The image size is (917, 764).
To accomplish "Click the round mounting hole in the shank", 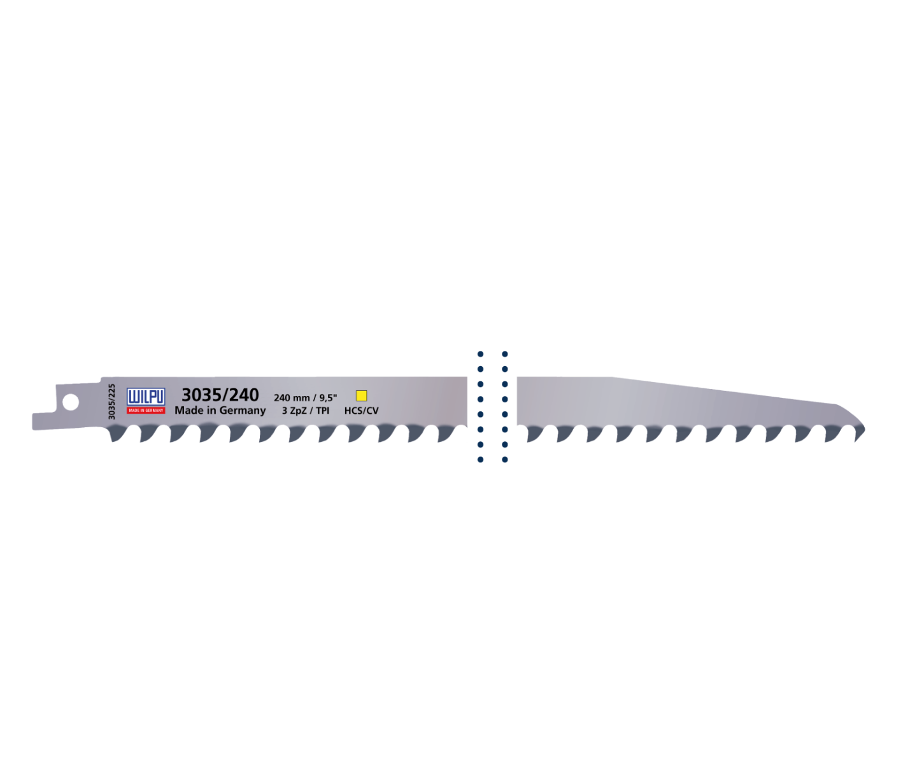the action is [x=70, y=402].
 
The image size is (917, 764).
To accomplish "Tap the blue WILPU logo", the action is [x=146, y=397].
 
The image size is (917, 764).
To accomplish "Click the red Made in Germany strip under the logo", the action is [x=146, y=411].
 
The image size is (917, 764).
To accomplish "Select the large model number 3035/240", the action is [x=220, y=395].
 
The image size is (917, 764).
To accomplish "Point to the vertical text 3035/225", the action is [x=111, y=401].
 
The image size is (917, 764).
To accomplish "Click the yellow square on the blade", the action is [x=361, y=395].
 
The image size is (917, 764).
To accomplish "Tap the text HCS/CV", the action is [x=361, y=411].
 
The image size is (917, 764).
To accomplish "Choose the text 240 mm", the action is [x=292, y=398].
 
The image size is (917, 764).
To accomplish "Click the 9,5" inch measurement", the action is [x=328, y=398].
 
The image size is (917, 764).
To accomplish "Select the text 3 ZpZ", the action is [x=294, y=411].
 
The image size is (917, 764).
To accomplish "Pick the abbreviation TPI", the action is [x=322, y=411].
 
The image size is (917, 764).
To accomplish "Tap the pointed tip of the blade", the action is [x=864, y=428].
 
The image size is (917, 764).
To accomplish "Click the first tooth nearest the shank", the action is [x=117, y=434].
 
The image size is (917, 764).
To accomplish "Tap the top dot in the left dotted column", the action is [x=480, y=354].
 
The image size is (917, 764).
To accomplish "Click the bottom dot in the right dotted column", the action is [x=504, y=460].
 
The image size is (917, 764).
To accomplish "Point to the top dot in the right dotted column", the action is [x=504, y=354].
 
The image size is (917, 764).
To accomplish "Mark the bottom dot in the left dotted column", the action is [x=480, y=460].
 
